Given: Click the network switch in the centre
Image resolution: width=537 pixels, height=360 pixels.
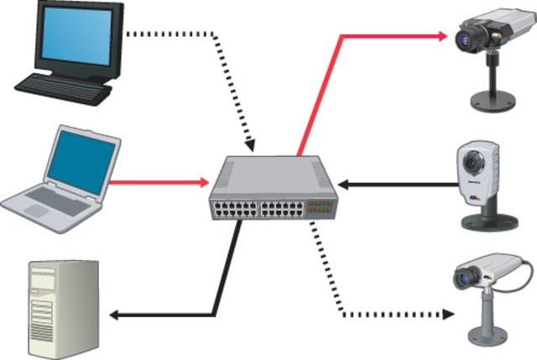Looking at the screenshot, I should [x=273, y=189].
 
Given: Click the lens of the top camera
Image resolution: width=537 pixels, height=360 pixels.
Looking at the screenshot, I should [x=463, y=39].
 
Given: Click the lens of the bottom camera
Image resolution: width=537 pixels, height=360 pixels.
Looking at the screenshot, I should [x=461, y=279].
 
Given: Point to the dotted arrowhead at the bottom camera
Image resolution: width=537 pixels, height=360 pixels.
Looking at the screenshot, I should [x=447, y=315].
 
